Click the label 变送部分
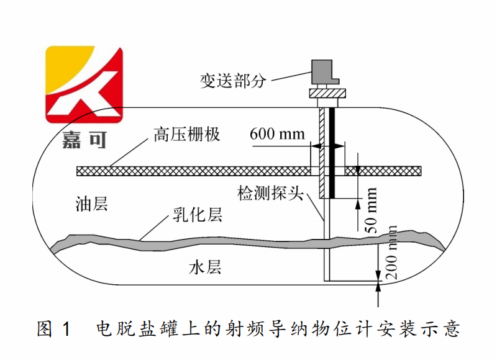click(232, 81)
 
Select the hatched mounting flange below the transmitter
click(327, 94)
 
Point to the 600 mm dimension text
click(276, 133)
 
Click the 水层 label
click(205, 268)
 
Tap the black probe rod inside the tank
click(333, 153)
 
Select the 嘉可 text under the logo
click(84, 139)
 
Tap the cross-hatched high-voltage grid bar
click(186, 170)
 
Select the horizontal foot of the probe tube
click(351, 280)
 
